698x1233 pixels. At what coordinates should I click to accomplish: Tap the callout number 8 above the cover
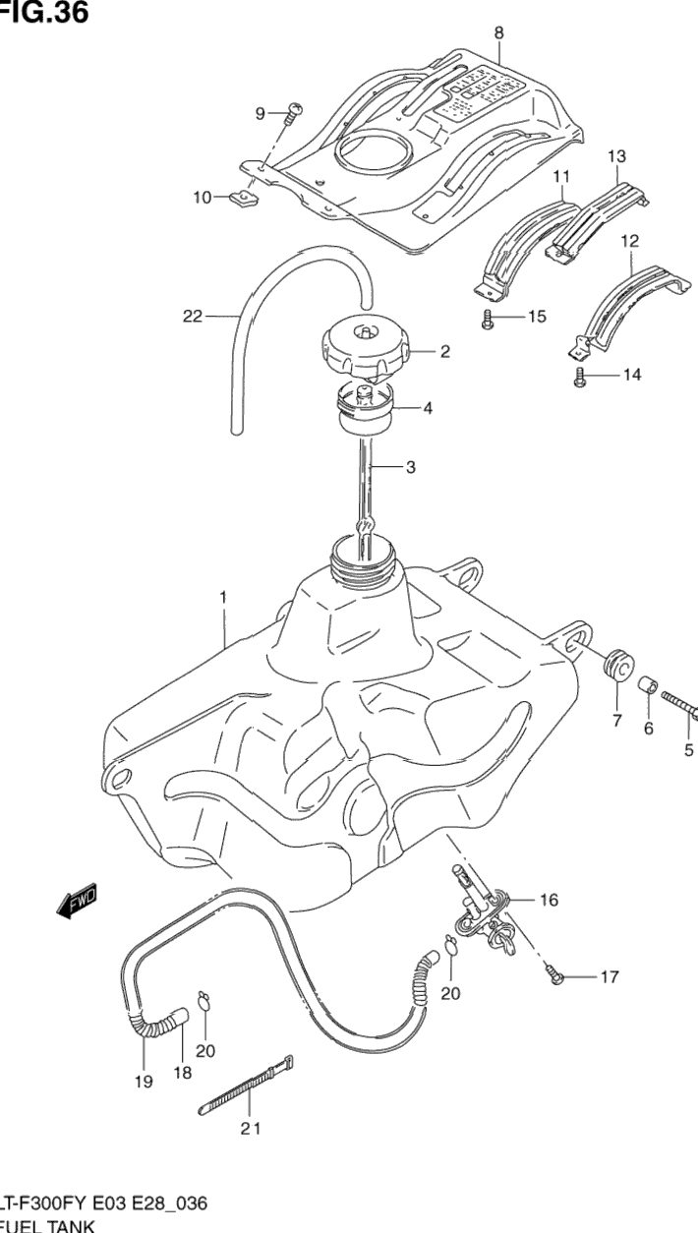point(498,33)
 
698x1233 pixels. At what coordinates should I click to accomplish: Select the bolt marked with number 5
point(679,707)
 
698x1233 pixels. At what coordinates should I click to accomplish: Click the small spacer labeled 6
point(648,685)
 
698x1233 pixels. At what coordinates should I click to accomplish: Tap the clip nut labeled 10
point(240,201)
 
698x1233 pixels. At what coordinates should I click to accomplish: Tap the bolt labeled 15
point(487,319)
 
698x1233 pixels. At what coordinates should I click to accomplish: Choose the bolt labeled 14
point(580,375)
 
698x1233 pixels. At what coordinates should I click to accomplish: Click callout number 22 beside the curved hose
point(192,317)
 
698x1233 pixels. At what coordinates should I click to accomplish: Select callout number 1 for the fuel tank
point(223,597)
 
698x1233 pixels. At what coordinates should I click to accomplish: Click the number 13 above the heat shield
point(616,156)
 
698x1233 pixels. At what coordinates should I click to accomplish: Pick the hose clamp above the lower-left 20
point(204,1002)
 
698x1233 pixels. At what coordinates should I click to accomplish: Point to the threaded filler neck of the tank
point(365,558)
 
